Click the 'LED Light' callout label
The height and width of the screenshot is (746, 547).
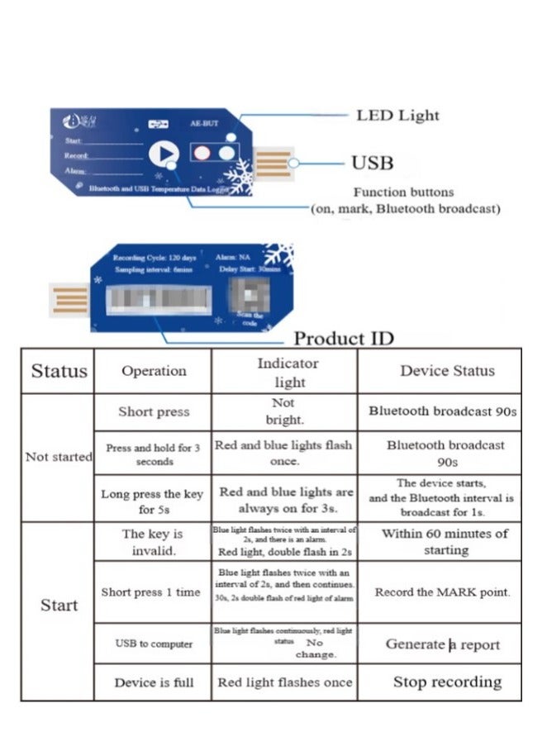tap(397, 116)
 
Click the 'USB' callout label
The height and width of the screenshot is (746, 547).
tap(373, 163)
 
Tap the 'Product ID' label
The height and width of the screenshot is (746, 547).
tap(344, 338)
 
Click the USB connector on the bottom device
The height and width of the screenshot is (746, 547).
tap(69, 300)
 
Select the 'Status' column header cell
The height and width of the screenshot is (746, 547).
tap(59, 371)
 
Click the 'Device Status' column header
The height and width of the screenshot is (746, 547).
tap(446, 371)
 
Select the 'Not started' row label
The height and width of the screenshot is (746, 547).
tap(59, 457)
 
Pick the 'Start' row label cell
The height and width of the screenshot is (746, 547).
tap(59, 606)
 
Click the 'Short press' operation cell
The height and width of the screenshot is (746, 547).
tap(154, 411)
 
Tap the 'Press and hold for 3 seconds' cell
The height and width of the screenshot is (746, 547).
tap(154, 454)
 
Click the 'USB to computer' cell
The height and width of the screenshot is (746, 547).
tap(154, 644)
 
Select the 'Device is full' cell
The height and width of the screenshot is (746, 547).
tap(154, 682)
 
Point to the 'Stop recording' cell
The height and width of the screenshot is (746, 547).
tap(446, 682)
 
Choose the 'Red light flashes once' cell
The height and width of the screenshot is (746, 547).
tap(284, 682)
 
